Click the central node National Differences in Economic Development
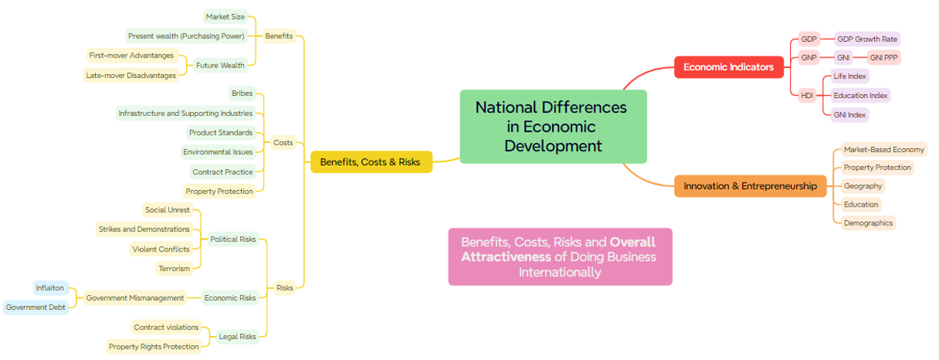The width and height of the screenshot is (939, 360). [x=552, y=126]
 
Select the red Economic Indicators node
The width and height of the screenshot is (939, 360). [x=728, y=67]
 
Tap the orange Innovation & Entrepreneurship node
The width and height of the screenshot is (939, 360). [x=750, y=186]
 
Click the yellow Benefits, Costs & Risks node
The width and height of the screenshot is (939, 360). [x=370, y=162]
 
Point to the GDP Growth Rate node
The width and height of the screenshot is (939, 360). [x=867, y=39]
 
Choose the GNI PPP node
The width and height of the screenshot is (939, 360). [x=884, y=58]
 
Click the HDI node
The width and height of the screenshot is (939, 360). [x=807, y=96]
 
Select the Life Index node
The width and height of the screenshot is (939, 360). [x=850, y=76]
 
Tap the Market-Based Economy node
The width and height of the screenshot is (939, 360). [x=884, y=150]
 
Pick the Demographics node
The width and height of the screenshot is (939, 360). [x=868, y=223]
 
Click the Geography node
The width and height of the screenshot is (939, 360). [x=863, y=186]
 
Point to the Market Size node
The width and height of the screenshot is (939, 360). [x=225, y=17]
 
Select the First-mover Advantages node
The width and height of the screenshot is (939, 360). [x=131, y=55]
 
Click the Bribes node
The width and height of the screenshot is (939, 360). [x=242, y=94]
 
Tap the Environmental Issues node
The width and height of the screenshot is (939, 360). [x=218, y=152]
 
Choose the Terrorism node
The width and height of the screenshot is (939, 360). [x=174, y=268]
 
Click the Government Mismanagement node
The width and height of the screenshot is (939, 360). [x=135, y=298]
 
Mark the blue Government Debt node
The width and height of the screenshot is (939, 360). [x=35, y=308]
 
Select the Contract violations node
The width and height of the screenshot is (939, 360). [x=166, y=327]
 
